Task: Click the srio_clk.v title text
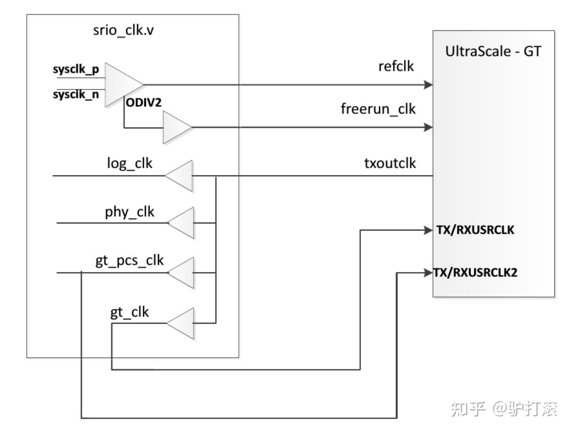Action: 123,30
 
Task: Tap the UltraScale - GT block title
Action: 493,51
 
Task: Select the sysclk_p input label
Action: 76,70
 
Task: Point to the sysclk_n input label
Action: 76,94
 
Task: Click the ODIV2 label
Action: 144,103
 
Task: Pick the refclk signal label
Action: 396,66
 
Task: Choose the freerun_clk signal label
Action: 378,109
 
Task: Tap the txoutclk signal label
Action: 390,163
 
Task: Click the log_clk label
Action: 129,164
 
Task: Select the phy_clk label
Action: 129,212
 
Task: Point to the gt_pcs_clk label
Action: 129,261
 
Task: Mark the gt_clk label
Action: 129,312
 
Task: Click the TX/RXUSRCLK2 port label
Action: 475,273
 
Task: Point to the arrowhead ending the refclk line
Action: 428,84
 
